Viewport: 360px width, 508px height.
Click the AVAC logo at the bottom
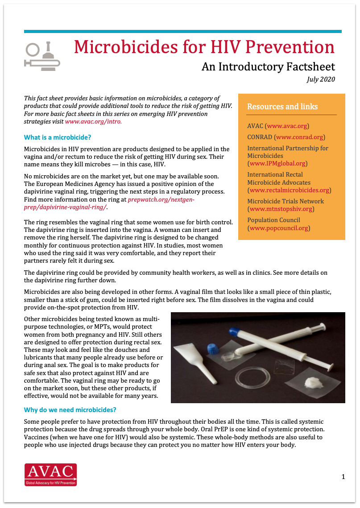(50, 474)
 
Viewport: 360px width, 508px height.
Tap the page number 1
(343, 477)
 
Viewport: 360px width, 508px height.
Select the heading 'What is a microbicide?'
(58, 137)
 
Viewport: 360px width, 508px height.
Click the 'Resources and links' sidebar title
(282, 107)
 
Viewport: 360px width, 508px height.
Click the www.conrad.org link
(299, 137)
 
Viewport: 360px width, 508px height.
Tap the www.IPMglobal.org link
(277, 164)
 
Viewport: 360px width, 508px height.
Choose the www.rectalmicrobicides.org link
(289, 190)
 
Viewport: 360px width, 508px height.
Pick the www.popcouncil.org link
(278, 228)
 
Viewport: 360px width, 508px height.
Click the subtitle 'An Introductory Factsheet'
(268, 66)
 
